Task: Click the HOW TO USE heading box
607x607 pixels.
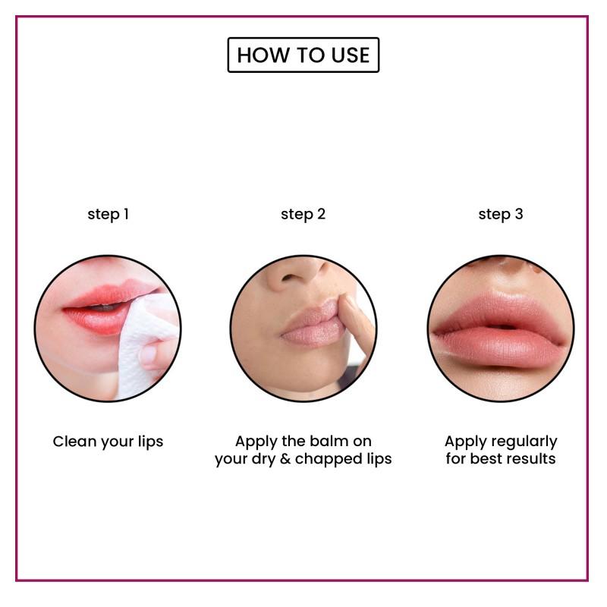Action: [303, 55]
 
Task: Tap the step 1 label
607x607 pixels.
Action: [108, 214]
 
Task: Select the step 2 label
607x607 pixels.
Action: [303, 214]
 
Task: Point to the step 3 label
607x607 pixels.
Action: [500, 214]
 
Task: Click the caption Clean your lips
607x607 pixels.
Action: [108, 441]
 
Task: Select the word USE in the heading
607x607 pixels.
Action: [350, 55]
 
